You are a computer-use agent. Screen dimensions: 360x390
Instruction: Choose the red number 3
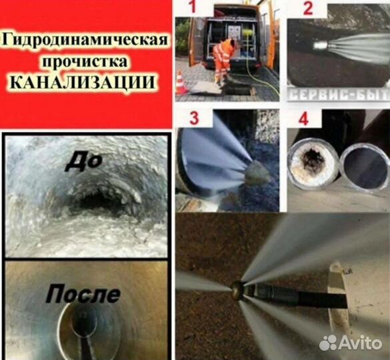click(x=193, y=120)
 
